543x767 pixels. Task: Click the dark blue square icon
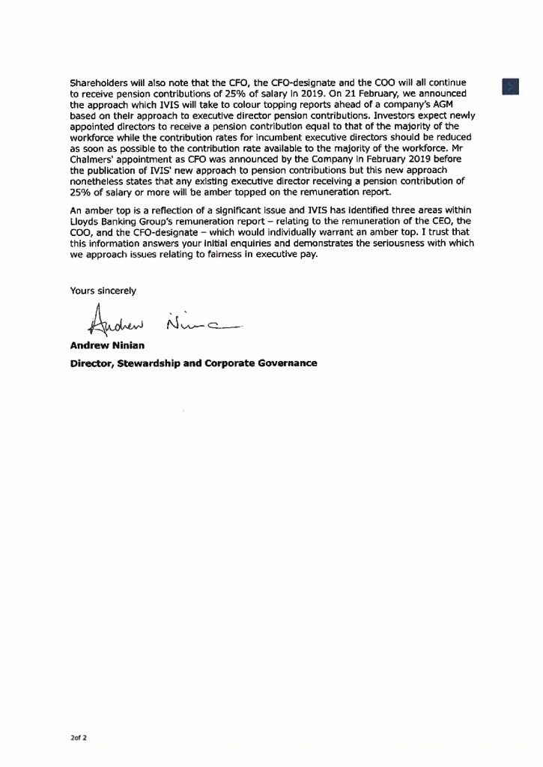point(511,87)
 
